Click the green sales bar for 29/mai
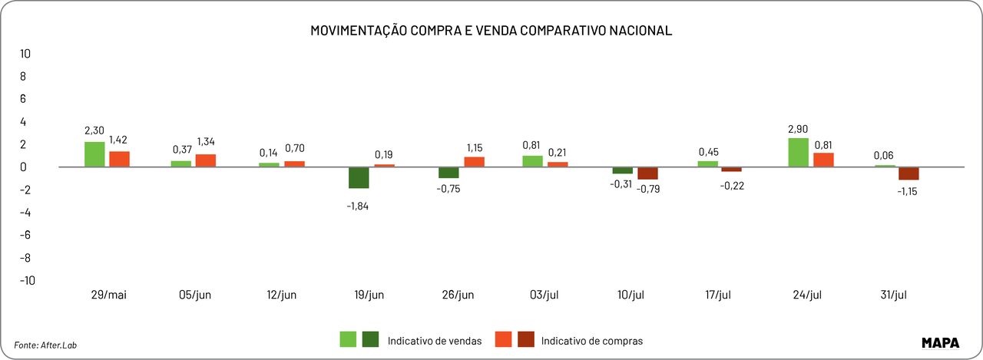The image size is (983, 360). [x=94, y=154]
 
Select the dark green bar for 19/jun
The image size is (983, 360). [x=359, y=177]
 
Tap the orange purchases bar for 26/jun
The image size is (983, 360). [x=474, y=161]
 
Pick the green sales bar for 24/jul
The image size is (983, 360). [x=798, y=152]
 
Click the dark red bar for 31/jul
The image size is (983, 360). [x=909, y=173]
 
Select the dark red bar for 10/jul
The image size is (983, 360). [x=647, y=173]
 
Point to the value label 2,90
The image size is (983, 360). [x=798, y=129]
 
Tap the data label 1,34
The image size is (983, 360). [x=206, y=142]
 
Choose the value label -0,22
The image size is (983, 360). [x=731, y=185]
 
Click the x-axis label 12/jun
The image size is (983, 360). [x=280, y=296]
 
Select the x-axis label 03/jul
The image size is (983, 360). [x=544, y=296]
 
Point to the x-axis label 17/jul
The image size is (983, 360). [x=720, y=296]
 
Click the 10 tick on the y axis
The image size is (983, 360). [x=25, y=54]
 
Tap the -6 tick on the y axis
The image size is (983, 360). [x=25, y=235]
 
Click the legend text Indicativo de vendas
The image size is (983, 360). [x=435, y=341]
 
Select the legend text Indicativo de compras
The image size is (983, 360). [x=591, y=341]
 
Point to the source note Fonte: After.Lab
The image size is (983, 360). [x=45, y=345]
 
